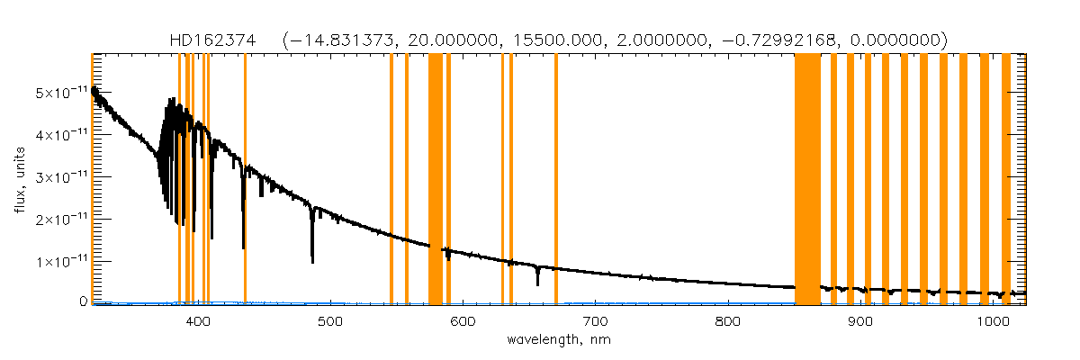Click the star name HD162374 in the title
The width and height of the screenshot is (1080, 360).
tap(212, 40)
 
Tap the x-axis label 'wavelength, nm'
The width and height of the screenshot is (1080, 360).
tap(558, 341)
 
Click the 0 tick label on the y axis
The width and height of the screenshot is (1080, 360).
tap(82, 302)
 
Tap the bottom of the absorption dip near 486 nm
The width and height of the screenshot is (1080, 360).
tap(312, 261)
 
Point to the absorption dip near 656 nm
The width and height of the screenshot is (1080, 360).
tap(537, 283)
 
